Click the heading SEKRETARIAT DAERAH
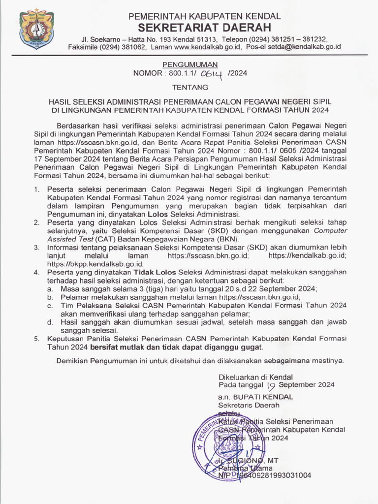pyautogui.click(x=204, y=27)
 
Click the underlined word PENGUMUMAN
pyautogui.click(x=190, y=64)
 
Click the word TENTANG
pyautogui.click(x=189, y=87)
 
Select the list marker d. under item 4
pyautogui.click(x=50, y=322)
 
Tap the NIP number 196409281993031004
pyautogui.click(x=271, y=476)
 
